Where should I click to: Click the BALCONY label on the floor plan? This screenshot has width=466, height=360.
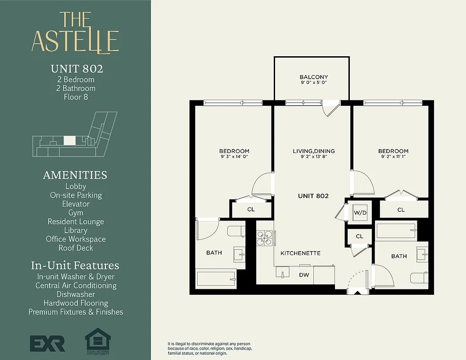[x=314, y=77]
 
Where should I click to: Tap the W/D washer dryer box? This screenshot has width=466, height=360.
[x=359, y=213]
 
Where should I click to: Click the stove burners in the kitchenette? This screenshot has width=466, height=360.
[x=265, y=238]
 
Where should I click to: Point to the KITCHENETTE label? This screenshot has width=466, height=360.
[x=300, y=253]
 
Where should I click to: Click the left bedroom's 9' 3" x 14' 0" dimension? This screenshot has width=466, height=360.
[x=234, y=157]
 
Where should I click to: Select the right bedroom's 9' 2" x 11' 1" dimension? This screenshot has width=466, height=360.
[x=393, y=157]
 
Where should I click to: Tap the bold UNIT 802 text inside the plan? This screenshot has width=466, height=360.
[x=313, y=196]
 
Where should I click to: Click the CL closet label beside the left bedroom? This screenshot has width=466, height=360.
[x=251, y=209]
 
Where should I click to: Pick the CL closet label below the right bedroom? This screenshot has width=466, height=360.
[x=401, y=210]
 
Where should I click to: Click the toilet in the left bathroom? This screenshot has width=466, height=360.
[x=236, y=231]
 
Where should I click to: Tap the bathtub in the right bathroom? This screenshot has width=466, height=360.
[x=396, y=230]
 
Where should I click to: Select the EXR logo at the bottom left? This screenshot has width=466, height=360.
[x=48, y=343]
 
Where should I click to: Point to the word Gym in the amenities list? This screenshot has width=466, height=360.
[x=76, y=212]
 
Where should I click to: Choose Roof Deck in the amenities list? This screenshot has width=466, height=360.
[x=76, y=247]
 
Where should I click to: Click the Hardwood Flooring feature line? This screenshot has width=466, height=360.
[x=76, y=303]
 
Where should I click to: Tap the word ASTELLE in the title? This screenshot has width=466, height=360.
[x=75, y=41]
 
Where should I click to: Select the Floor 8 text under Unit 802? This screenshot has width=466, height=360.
[x=76, y=97]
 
